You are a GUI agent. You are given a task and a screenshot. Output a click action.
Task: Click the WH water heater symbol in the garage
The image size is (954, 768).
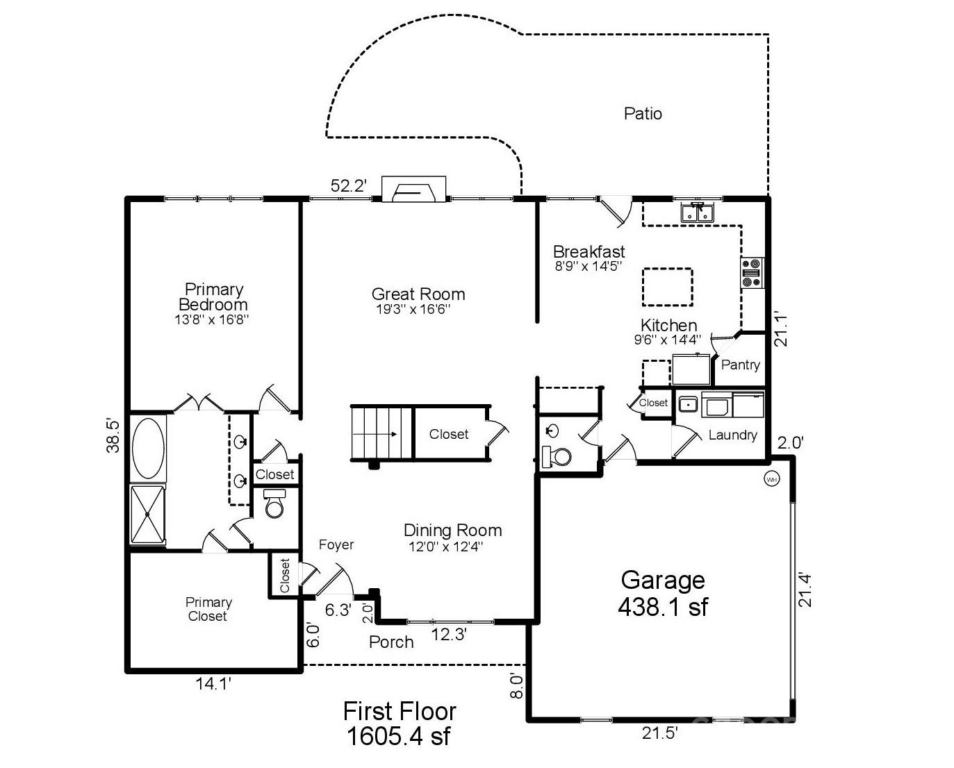[772, 480]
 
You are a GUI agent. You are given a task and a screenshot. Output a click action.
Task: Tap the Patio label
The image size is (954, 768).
[643, 114]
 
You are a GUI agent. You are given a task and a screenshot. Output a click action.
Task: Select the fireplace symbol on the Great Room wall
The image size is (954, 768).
[413, 190]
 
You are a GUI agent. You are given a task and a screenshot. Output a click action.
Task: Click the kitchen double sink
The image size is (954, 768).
[698, 212]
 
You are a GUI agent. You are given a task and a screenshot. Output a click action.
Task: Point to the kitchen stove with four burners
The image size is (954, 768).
[752, 272]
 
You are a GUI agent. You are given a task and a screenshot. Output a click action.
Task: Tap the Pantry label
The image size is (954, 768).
[740, 365]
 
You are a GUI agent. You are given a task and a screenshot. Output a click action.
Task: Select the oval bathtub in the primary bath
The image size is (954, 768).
[148, 448]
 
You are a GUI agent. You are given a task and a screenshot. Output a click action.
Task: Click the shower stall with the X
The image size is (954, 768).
[148, 514]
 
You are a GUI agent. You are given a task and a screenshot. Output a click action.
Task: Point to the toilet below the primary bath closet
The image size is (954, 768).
[274, 503]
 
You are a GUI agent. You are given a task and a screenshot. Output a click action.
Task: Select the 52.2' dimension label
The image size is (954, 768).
[349, 185]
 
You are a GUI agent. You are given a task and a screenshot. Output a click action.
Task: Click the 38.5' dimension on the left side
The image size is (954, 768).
[113, 437]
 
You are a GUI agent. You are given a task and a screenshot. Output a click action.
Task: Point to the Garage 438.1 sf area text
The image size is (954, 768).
[663, 594]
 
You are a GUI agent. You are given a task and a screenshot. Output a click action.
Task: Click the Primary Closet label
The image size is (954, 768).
[208, 609]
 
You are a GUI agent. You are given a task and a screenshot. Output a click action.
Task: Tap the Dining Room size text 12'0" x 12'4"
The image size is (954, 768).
[445, 547]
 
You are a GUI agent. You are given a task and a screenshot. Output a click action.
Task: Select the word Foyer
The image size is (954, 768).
[336, 544]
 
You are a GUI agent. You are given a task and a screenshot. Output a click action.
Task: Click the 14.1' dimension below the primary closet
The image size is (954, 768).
[213, 683]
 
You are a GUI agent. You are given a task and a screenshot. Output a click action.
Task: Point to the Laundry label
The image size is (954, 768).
[732, 435]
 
